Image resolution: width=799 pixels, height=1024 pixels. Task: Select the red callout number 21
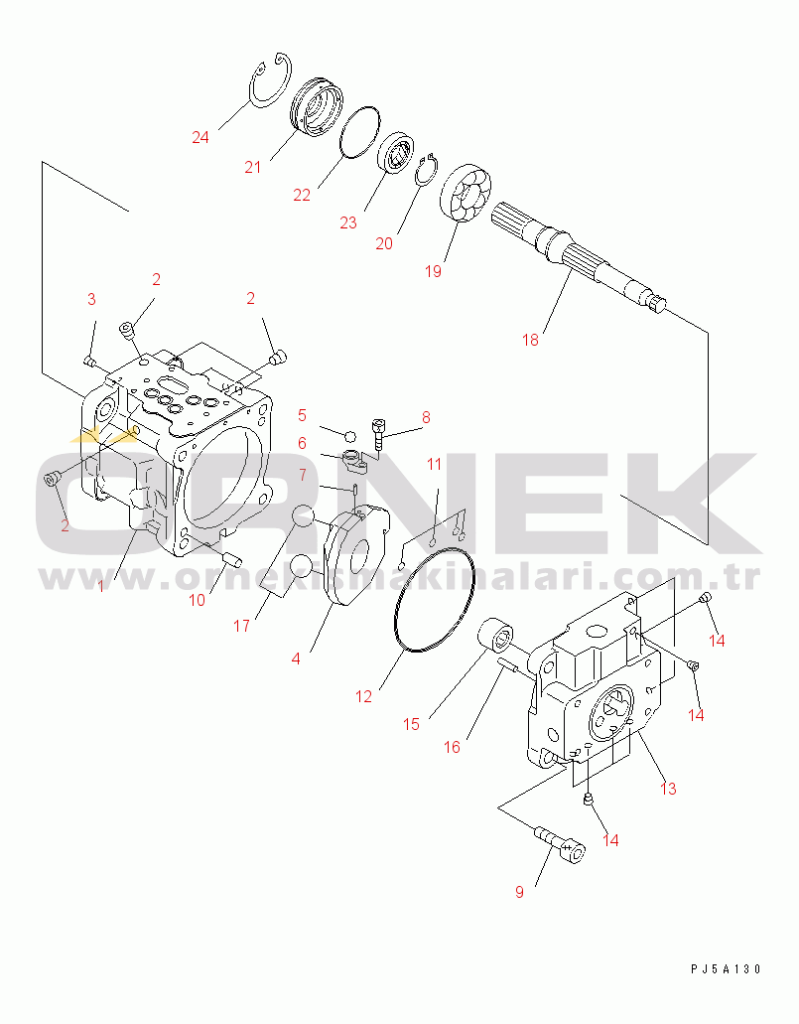click(253, 167)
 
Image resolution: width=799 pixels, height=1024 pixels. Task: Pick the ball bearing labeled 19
click(463, 199)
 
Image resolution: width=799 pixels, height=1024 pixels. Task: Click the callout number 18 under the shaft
click(530, 340)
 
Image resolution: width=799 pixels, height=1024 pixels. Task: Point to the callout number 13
click(668, 789)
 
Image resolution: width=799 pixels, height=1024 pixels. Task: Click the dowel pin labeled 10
click(231, 558)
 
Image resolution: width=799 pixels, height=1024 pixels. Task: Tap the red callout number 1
click(100, 586)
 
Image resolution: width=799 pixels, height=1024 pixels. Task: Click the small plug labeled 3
click(89, 361)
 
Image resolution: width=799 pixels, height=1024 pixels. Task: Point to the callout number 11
click(435, 464)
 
